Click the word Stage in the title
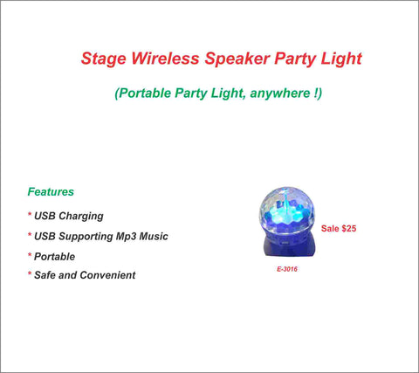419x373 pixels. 104,59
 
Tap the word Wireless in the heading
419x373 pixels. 165,58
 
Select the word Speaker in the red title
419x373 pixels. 237,59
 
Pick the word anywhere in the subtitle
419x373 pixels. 280,93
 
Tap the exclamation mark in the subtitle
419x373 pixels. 316,93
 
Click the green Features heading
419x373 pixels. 51,191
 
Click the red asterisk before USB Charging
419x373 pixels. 30,214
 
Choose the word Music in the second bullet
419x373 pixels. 154,236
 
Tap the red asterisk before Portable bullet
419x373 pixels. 30,255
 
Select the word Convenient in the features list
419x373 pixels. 107,275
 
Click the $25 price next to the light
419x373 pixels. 349,228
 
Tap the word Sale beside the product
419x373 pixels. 330,228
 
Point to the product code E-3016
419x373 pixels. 287,269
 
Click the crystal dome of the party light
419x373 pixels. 286,211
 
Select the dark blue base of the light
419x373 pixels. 288,246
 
